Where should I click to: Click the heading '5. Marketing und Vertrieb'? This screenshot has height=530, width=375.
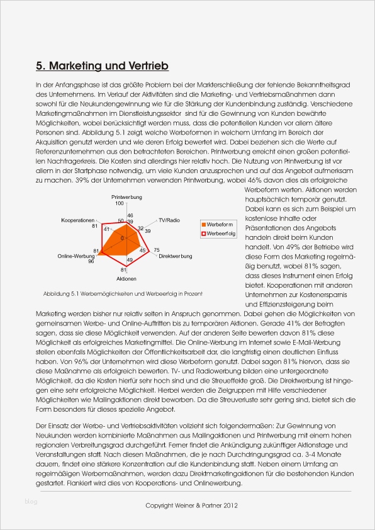tap(102, 65)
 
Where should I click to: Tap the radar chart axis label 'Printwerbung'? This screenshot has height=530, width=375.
tap(127, 197)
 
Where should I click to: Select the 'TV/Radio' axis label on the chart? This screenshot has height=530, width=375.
tap(169, 220)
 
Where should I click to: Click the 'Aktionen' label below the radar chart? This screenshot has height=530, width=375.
tap(126, 278)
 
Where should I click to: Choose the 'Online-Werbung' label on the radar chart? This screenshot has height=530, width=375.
tap(76, 256)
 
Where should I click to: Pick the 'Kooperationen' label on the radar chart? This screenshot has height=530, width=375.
tap(77, 220)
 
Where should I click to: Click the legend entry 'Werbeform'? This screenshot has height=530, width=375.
tap(221, 224)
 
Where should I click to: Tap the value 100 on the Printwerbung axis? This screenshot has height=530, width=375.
tap(120, 203)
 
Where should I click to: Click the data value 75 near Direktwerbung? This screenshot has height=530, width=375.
tap(157, 251)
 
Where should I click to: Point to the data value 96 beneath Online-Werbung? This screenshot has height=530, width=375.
tap(91, 262)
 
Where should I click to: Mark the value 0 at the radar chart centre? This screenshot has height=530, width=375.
tap(122, 239)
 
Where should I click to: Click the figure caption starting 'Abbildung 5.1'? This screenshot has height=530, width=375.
tap(123, 293)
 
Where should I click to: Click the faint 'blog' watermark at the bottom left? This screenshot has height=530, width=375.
tap(31, 501)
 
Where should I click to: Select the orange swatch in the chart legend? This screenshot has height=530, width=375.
tap(203, 224)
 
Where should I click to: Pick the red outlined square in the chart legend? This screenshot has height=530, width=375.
tap(203, 234)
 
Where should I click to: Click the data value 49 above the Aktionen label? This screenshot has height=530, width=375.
tap(129, 260)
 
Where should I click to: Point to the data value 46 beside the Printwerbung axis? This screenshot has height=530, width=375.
tap(130, 215)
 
